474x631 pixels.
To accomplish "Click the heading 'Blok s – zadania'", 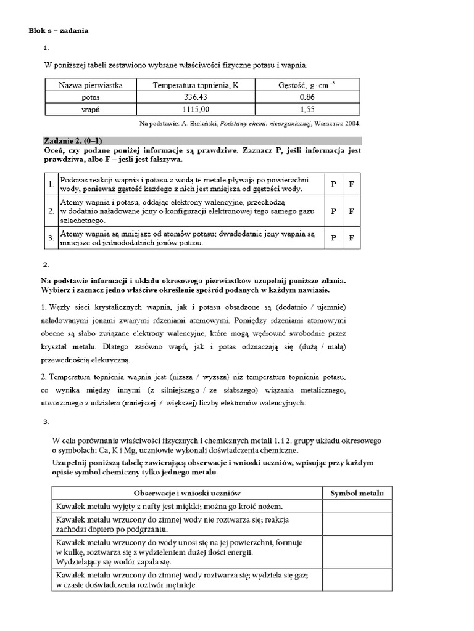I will (x=59, y=31).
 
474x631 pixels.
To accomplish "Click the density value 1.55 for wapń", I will (x=307, y=109).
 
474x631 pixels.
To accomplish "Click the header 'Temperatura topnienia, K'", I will (x=195, y=85).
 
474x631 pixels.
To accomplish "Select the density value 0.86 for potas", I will (x=307, y=97).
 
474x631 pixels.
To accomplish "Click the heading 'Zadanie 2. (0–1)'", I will (x=73, y=141).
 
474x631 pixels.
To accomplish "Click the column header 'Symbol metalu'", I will (x=357, y=493).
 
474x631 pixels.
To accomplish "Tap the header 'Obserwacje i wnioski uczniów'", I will (x=186, y=493).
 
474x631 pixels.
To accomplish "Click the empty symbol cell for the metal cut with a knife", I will (x=357, y=506).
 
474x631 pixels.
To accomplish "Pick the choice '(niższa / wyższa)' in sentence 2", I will (x=204, y=376).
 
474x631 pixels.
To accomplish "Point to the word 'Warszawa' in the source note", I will (x=330, y=123).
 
